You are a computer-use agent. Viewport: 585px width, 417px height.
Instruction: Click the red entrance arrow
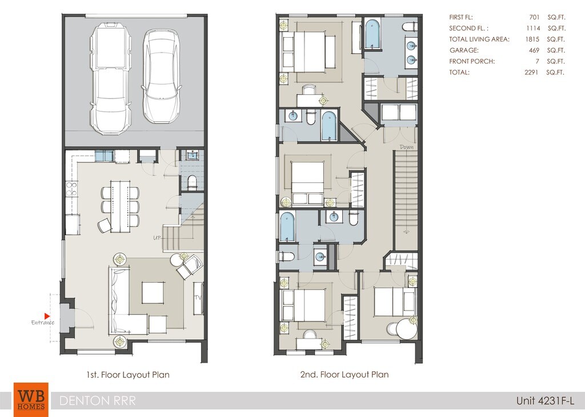[x=47, y=316]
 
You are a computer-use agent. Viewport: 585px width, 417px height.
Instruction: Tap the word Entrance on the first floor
[x=42, y=323]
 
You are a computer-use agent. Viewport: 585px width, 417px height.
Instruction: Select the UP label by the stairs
[x=158, y=237]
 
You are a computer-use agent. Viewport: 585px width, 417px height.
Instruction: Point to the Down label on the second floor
[x=407, y=147]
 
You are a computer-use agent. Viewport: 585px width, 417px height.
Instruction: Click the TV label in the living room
[x=198, y=298]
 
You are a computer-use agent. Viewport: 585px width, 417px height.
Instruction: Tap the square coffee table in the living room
[x=153, y=293]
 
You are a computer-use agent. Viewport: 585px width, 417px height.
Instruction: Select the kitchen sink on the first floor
[x=104, y=156]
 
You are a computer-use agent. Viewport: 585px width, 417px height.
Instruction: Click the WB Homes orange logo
[x=31, y=400]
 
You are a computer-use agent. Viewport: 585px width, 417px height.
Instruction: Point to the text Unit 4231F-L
[x=545, y=401]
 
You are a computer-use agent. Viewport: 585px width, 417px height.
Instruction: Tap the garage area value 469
[x=534, y=50]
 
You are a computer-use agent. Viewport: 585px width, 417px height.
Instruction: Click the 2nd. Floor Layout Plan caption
[x=344, y=375]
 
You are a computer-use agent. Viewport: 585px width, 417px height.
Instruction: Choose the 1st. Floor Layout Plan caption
[x=128, y=375]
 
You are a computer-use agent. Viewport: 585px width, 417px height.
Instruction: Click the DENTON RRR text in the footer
[x=97, y=400]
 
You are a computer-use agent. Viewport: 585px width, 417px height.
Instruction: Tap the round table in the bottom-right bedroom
[x=406, y=329]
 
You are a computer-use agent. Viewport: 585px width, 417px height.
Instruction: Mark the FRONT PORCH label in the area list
[x=472, y=61]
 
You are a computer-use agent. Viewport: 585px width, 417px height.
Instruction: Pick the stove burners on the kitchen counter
[x=71, y=189]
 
